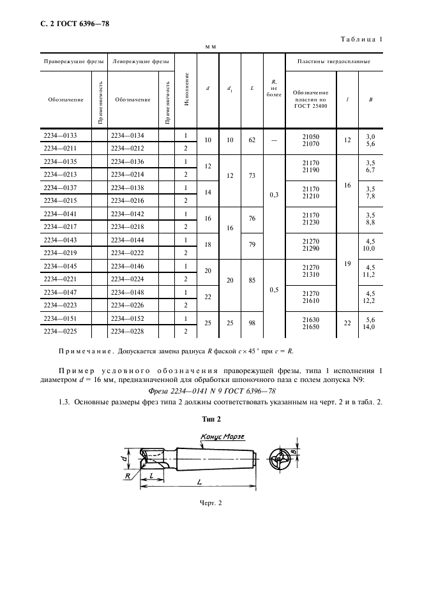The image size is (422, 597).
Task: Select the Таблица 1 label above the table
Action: (x=361, y=40)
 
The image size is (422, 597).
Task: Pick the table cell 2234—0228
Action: (x=128, y=331)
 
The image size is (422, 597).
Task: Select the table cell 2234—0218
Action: (x=128, y=226)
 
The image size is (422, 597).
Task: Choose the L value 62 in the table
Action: (x=252, y=140)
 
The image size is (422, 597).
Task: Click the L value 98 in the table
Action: (x=252, y=323)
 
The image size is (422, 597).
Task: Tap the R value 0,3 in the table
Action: (x=274, y=195)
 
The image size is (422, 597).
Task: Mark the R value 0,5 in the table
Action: (x=274, y=290)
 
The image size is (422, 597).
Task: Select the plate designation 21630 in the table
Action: (x=310, y=320)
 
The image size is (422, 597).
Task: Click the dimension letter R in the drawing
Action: (x=128, y=475)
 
